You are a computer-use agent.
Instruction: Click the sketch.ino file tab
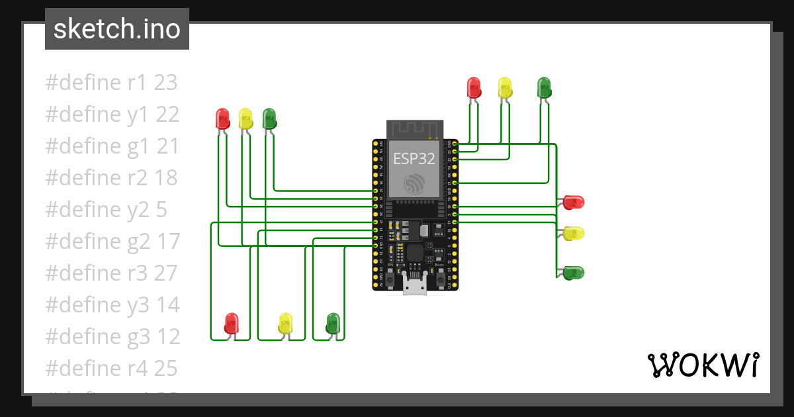(116, 29)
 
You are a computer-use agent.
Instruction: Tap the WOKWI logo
(702, 365)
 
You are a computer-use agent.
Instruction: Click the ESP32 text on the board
(414, 159)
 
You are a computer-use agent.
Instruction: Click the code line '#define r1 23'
(111, 83)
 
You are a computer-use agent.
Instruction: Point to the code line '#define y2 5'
(106, 210)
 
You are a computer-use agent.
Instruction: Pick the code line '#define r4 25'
(111, 368)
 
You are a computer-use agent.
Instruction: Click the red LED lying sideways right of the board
(573, 202)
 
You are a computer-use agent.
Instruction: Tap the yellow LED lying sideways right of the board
(573, 233)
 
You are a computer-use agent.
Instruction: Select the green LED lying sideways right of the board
(573, 272)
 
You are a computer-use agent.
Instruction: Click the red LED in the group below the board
(232, 323)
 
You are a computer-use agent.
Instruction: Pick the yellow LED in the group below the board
(285, 323)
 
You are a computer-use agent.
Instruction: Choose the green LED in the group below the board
(333, 323)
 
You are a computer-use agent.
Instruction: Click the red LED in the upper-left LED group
(223, 118)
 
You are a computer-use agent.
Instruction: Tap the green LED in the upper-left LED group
(269, 118)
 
